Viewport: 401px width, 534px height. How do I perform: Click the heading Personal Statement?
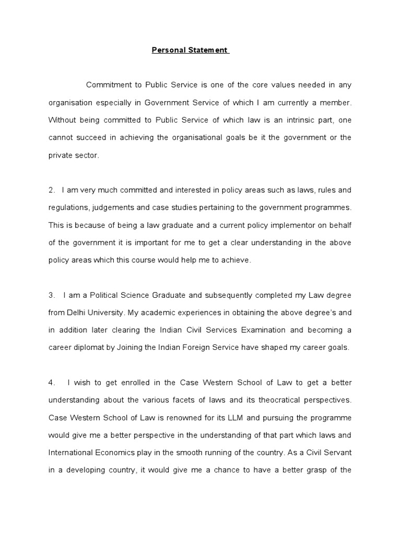[x=190, y=50]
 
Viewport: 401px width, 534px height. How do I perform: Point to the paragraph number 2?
[x=52, y=190]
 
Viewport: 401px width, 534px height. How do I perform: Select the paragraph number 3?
[x=52, y=295]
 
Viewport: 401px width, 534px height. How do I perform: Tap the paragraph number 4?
[x=52, y=383]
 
